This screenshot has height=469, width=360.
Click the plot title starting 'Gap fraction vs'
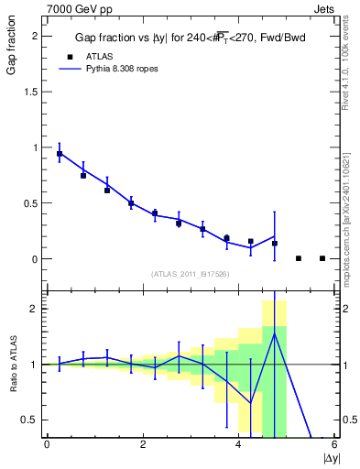pos(189,38)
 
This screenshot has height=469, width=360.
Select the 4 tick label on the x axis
pos(239,444)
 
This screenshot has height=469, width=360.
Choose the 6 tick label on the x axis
pos(334,444)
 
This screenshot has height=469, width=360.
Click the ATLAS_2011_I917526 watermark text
pos(189,274)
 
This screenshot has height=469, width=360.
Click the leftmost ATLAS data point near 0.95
pos(60,154)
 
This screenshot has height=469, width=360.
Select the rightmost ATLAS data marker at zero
pos(322,258)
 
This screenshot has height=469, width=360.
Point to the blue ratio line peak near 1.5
pos(275,333)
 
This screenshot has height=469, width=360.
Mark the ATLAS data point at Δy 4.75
pos(275,244)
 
